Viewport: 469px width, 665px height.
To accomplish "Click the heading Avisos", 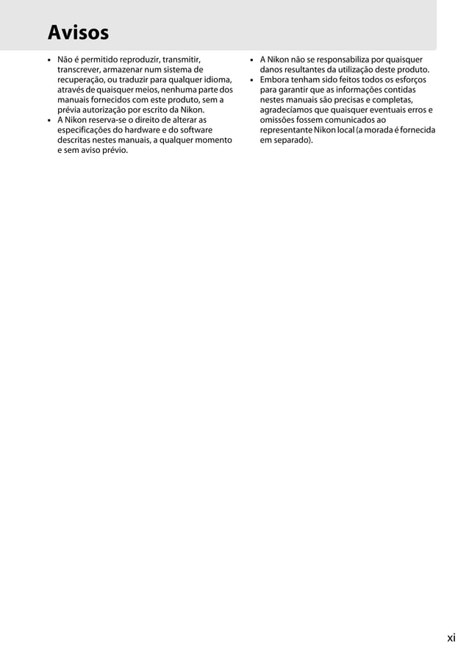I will (78, 33).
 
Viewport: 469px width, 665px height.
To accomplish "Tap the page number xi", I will (451, 638).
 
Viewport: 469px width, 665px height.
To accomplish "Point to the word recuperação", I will (85, 79).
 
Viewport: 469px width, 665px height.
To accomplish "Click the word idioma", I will (218, 79).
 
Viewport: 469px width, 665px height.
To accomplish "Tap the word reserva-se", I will (113, 120).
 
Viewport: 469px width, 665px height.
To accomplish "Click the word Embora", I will (275, 79).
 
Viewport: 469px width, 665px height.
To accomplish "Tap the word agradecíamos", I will (289, 110).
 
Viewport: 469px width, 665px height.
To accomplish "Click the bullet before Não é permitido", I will (48, 60).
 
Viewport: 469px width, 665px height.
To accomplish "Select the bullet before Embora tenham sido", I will (251, 79).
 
